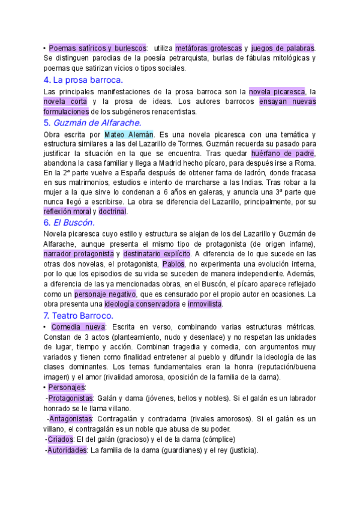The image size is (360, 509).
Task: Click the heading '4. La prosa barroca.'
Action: click(x=83, y=80)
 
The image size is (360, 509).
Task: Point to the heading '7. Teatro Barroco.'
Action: click(x=79, y=315)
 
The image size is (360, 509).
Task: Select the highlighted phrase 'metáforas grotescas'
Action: click(x=208, y=47)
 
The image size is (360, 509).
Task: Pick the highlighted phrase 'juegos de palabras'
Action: click(x=283, y=47)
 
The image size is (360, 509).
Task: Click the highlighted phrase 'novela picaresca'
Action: click(x=277, y=91)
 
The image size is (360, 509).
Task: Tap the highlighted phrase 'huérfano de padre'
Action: click(x=283, y=154)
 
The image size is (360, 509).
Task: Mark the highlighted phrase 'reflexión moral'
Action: click(x=67, y=211)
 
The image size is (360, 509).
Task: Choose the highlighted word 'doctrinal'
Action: click(x=112, y=211)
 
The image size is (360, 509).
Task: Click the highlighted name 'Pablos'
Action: click(x=173, y=264)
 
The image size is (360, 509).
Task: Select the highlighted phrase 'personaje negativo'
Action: click(x=106, y=294)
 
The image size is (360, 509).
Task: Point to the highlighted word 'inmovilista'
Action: click(x=205, y=304)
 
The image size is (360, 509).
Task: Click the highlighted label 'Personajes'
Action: click(x=68, y=387)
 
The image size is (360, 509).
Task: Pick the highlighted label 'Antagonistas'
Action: click(x=70, y=418)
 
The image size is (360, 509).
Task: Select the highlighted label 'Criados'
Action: click(x=61, y=439)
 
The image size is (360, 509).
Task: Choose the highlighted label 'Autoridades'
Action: click(x=67, y=450)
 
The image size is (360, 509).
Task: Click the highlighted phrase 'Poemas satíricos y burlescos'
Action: click(x=98, y=47)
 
